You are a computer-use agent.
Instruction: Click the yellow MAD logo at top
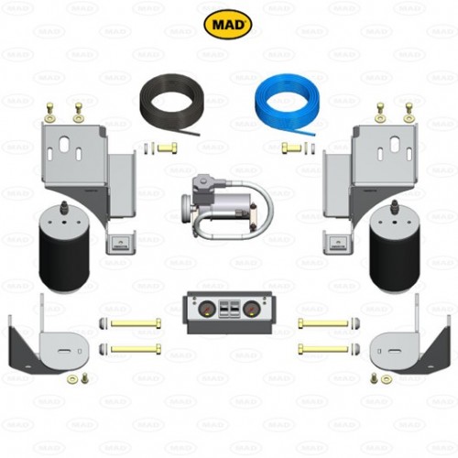coord(228,25)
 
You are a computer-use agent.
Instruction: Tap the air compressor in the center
coord(227,206)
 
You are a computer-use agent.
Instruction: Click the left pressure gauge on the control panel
coord(207,310)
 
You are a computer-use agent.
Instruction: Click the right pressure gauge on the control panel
coord(251,310)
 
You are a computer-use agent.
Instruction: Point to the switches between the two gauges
coord(229,309)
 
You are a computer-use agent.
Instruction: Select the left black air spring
coord(63,248)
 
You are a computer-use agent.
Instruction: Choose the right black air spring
coord(395,248)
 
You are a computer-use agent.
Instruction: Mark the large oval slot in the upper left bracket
coord(64,144)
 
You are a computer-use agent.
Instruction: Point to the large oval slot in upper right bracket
coord(395,144)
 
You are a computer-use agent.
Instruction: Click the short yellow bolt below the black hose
coord(167,148)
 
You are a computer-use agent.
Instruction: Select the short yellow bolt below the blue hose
coord(291,148)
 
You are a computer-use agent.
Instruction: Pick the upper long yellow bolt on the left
coord(136,323)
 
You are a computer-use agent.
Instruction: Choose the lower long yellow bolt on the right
coord(323,349)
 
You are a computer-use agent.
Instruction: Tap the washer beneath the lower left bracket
coord(72,379)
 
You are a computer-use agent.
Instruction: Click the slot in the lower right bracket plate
coord(394,351)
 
